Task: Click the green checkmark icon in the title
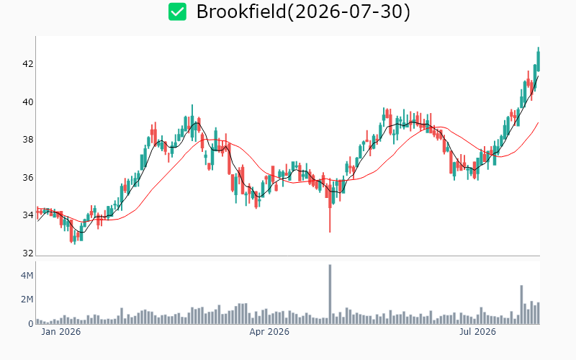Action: (177, 12)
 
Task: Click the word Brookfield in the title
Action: (241, 12)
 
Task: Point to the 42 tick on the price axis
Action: (28, 64)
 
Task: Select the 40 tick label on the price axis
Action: (28, 102)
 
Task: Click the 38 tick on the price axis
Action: (28, 140)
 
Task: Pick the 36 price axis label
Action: (28, 178)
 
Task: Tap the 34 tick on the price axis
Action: (28, 215)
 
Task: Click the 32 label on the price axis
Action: (28, 253)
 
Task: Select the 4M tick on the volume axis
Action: (27, 276)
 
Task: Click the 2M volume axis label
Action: (27, 300)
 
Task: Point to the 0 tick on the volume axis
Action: (31, 323)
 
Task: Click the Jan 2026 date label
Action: (61, 332)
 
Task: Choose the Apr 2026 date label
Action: (269, 332)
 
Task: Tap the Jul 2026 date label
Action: (477, 332)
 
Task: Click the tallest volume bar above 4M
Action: (330, 294)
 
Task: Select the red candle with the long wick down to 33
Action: (330, 206)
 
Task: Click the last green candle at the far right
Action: (539, 60)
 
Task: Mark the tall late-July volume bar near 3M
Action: (521, 305)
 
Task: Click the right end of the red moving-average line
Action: (538, 122)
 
